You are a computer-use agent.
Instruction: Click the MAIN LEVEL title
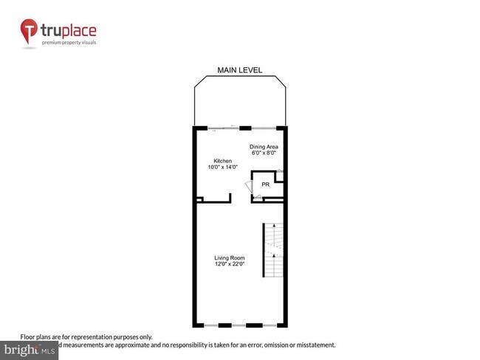[239, 70]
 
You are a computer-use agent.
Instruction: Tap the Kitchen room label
[223, 161]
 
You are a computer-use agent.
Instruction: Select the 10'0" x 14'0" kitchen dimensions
[223, 167]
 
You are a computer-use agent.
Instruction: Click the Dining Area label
[263, 146]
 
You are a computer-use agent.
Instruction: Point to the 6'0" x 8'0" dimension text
[263, 153]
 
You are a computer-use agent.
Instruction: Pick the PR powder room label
[265, 184]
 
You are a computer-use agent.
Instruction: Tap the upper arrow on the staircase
[273, 229]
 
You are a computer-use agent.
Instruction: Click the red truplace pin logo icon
[29, 30]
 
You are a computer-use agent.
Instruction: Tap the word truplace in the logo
[68, 31]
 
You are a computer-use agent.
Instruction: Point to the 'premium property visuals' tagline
[68, 43]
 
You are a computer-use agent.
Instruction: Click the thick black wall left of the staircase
[264, 251]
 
